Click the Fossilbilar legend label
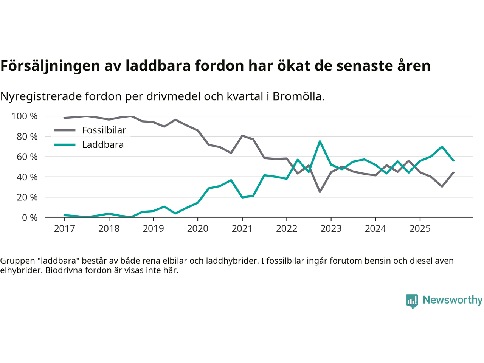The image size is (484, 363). (x=104, y=130)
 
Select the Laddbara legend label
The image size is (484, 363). (x=103, y=145)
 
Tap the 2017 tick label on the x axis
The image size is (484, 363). (x=64, y=228)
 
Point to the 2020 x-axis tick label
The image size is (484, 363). (x=198, y=228)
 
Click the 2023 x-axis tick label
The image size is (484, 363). (x=331, y=228)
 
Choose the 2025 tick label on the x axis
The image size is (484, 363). (x=420, y=228)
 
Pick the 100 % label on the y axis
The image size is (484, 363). (x=25, y=116)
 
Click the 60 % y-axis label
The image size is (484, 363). (x=27, y=157)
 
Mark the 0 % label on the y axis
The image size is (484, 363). (x=29, y=217)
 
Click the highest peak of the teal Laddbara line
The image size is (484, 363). (x=320, y=141)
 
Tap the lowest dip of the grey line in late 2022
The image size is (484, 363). (x=320, y=192)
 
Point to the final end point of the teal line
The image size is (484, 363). (x=453, y=161)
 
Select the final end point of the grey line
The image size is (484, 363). (x=453, y=172)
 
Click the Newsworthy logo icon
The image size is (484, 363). (x=412, y=301)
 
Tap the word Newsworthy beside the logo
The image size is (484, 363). (x=452, y=300)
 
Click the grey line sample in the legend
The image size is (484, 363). (x=65, y=130)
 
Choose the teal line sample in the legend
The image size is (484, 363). (x=65, y=145)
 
